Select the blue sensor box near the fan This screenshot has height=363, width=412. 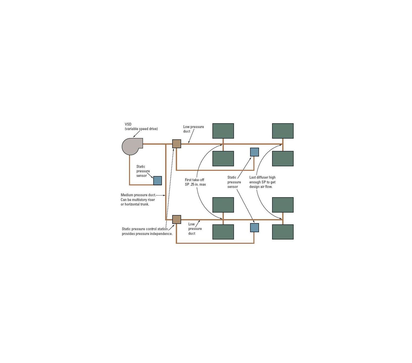click(158, 180)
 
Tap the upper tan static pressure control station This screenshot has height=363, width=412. click(177, 144)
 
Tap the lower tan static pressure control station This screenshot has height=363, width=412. click(177, 219)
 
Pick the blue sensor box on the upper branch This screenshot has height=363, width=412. click(254, 152)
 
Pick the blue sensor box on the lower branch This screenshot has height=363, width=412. click(254, 228)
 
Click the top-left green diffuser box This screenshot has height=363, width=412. click(223, 131)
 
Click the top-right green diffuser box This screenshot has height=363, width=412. click(283, 131)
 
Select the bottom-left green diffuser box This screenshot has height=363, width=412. click(223, 232)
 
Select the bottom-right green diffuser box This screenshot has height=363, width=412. click(283, 232)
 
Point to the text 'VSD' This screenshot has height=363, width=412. click(128, 124)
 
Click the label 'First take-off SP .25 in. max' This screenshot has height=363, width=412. click(195, 182)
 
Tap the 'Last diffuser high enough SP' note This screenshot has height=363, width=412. click(262, 182)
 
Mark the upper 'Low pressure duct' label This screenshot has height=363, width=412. click(193, 129)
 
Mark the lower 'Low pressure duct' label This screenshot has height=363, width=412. click(195, 229)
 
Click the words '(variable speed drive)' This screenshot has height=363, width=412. click(141, 129)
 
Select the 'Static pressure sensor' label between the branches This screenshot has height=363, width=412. click(234, 182)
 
